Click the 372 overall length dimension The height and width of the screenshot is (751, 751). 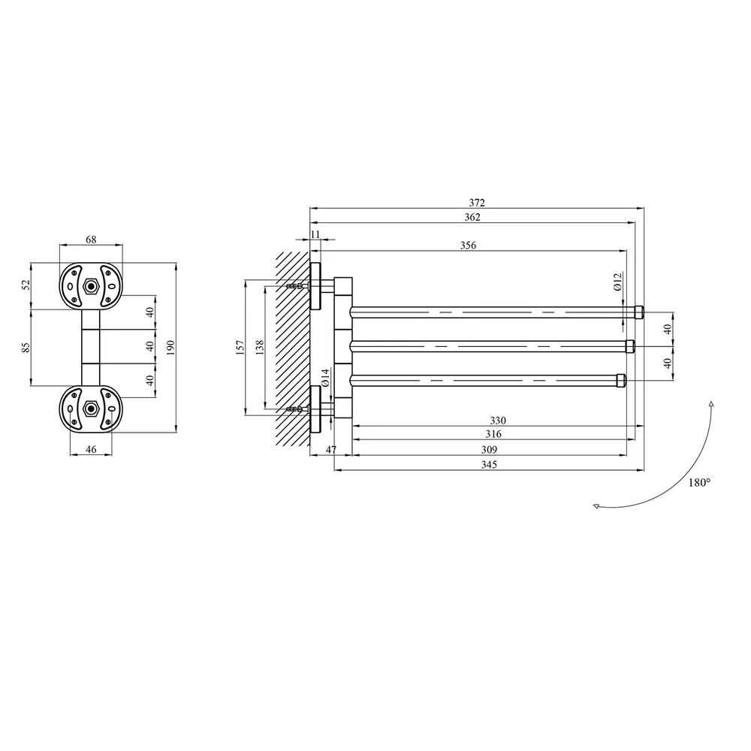pos(477,203)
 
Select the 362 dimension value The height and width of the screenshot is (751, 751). pos(472,217)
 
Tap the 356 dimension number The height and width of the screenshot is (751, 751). pos(468,246)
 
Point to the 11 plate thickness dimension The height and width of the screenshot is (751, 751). pos(315,234)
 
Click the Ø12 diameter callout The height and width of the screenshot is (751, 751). pos(617,282)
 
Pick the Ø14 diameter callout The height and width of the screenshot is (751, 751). pos(325,378)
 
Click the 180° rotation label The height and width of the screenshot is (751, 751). pos(699,483)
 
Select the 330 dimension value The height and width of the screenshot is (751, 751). pos(498,421)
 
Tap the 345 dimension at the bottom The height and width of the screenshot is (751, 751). pos(489,465)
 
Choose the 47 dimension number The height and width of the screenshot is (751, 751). pos(331,450)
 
